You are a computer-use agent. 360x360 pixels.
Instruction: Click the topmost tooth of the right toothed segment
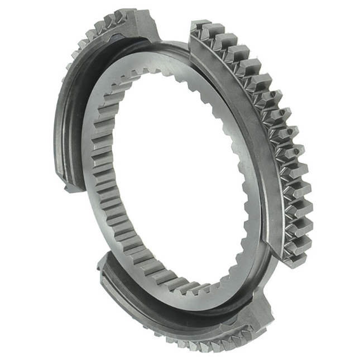coord(199,26)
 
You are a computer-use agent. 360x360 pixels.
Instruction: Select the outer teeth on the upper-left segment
coord(89,45)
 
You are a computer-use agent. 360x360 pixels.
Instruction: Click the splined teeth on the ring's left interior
coord(109,179)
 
